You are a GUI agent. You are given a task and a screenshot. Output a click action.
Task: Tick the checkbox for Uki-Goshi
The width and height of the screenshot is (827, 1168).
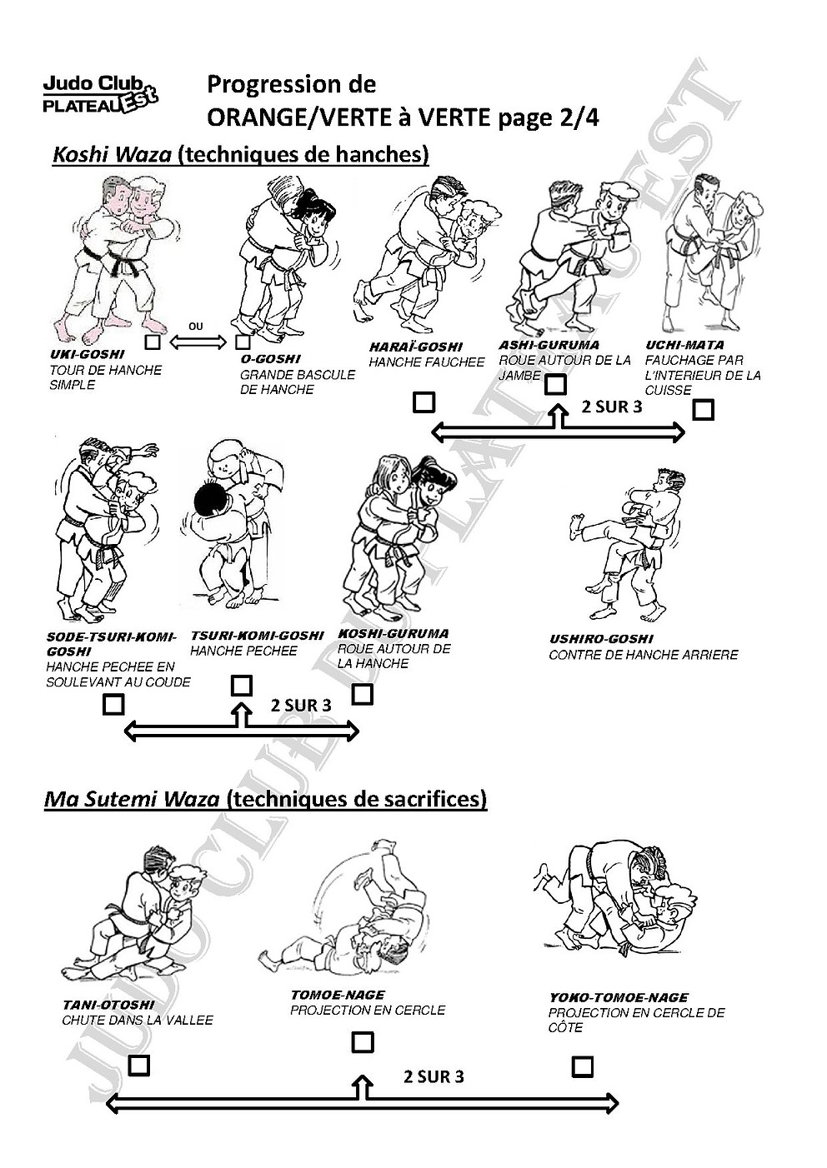[153, 342]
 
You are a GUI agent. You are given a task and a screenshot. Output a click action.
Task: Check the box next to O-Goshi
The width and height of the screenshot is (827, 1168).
[243, 342]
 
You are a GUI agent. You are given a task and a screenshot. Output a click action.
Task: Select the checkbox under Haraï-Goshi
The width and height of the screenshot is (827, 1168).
[424, 403]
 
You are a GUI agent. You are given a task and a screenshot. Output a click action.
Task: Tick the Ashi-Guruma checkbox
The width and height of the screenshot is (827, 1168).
[555, 384]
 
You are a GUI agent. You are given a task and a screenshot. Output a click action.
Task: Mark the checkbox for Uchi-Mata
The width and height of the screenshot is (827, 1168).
[704, 409]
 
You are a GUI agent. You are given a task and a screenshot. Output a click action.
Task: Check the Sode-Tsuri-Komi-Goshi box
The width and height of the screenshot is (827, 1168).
[113, 704]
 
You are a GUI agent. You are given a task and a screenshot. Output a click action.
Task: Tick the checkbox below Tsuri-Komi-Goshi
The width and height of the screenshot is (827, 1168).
[241, 686]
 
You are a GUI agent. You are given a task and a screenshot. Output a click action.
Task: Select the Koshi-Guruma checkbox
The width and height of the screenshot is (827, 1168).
[363, 693]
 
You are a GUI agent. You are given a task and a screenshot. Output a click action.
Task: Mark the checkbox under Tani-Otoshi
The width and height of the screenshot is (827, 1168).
[139, 1065]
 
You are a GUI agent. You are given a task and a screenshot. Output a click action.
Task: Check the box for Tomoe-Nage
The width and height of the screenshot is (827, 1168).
[363, 1042]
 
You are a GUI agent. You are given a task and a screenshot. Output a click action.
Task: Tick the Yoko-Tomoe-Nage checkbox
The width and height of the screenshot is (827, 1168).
[583, 1066]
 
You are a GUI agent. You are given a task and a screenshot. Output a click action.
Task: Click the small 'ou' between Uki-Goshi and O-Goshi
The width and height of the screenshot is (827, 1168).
[195, 327]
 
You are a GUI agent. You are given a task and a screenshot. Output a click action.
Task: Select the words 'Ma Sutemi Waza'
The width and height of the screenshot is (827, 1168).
[132, 799]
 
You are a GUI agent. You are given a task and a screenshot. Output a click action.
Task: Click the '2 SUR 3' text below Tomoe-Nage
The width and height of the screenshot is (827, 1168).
[434, 1076]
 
